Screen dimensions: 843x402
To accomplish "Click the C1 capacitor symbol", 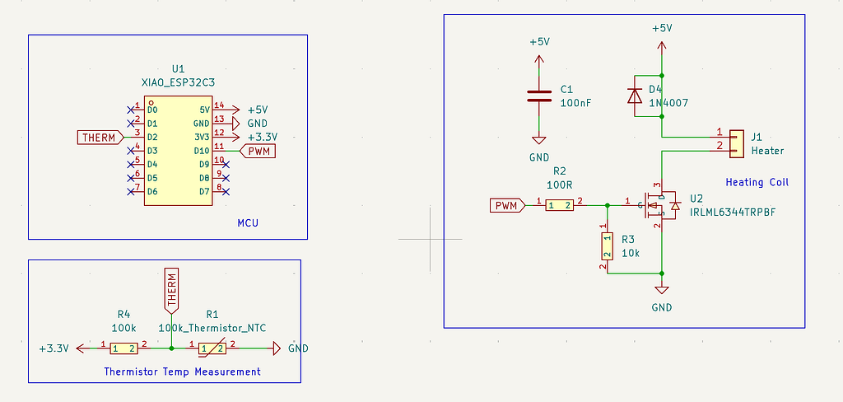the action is click(538, 96).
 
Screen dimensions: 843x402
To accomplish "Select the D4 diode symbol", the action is click(636, 96).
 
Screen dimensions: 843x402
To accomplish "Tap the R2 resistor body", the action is click(560, 205).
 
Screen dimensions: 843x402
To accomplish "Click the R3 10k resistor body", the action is click(608, 246).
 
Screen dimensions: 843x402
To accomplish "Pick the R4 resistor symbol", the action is click(124, 348).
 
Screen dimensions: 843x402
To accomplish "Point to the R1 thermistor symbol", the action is click(212, 348).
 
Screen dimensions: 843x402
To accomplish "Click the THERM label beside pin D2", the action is click(100, 138).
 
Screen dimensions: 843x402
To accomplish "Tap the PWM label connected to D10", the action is click(258, 151).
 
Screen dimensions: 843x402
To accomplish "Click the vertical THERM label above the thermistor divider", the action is click(171, 291).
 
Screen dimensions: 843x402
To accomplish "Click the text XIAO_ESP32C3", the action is click(178, 82).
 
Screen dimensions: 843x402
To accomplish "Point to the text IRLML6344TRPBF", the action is click(733, 212).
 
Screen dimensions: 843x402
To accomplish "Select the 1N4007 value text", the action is click(668, 102).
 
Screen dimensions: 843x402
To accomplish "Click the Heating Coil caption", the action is click(757, 182).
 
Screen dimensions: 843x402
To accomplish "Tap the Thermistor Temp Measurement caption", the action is click(182, 372).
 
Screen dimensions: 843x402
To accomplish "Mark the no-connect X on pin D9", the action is click(226, 164).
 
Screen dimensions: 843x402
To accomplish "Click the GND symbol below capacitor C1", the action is click(538, 141).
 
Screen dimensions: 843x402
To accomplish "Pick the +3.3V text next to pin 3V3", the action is click(263, 137).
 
